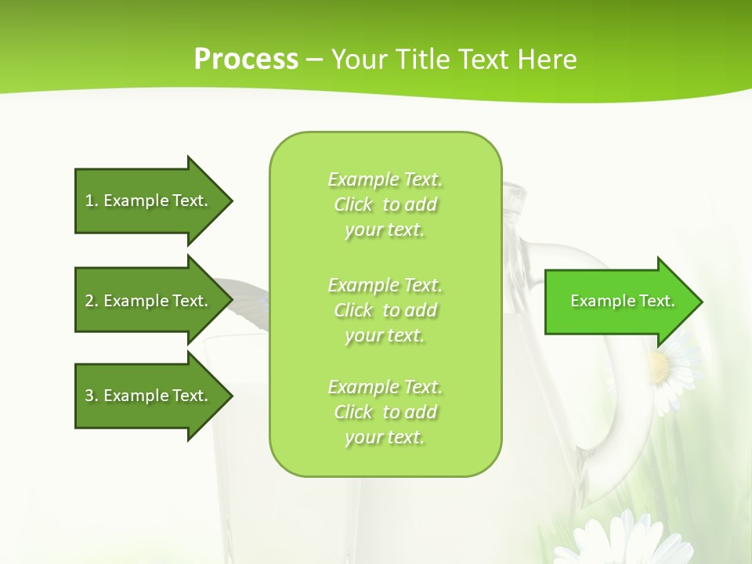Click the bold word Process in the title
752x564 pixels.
[246, 60]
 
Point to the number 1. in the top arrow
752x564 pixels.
[92, 201]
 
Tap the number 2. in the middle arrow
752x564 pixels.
[92, 301]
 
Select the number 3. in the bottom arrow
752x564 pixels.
[92, 396]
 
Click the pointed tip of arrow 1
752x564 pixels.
[230, 201]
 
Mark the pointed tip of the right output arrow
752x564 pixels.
[700, 302]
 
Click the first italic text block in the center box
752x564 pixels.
[385, 204]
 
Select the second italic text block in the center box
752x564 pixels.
[385, 310]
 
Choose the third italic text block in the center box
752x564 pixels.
[385, 412]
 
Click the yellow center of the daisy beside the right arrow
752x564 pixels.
[660, 367]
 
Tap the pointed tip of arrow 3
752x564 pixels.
[230, 396]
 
